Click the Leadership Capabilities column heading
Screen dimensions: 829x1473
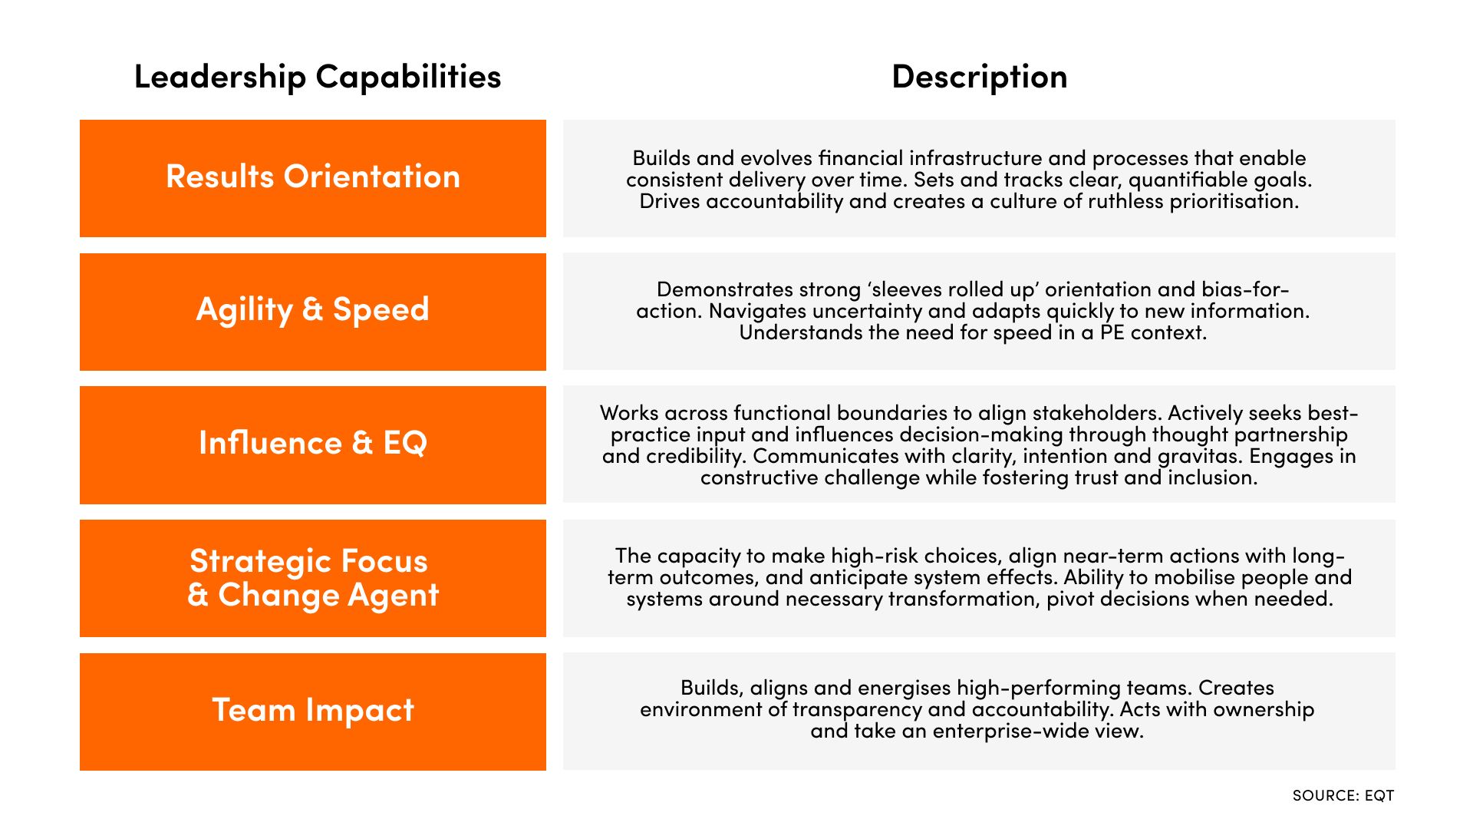coord(317,77)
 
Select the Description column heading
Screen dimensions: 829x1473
coord(979,77)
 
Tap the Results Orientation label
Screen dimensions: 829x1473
coord(313,177)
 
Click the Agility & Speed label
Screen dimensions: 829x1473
coord(313,309)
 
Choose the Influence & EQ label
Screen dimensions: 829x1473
coord(313,443)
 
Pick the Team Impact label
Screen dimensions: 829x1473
coord(313,710)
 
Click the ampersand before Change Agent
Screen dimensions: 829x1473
coord(198,595)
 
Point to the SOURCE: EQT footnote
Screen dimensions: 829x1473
coord(1343,795)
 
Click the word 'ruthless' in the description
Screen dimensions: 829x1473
coord(1126,201)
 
